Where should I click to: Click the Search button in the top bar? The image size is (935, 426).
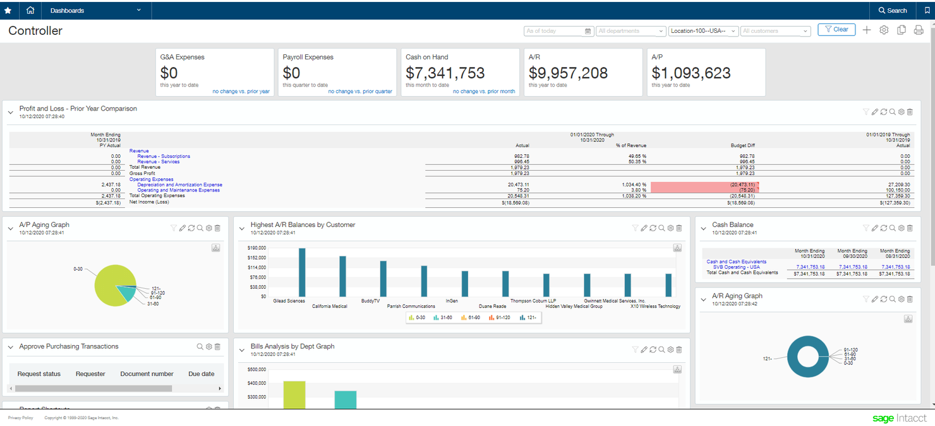[x=893, y=11]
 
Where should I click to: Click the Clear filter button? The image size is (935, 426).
[x=836, y=30]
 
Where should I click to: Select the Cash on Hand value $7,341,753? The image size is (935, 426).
[x=445, y=73]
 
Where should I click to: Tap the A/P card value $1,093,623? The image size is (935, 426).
[x=691, y=73]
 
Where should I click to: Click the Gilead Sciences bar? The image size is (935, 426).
[x=302, y=272]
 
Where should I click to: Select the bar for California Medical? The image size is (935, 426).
[x=342, y=276]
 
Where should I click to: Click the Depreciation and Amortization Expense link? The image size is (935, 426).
[x=179, y=185]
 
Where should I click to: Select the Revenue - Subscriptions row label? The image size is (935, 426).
[x=163, y=156]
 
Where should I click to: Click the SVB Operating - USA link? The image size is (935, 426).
[x=737, y=267]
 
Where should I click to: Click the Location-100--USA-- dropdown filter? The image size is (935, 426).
[x=703, y=31]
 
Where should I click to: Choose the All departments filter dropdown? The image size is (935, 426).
[x=630, y=31]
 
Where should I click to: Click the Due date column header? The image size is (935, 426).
[x=201, y=374]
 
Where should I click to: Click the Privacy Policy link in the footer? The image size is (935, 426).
[x=20, y=418]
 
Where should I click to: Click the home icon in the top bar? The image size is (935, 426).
[x=30, y=11]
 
